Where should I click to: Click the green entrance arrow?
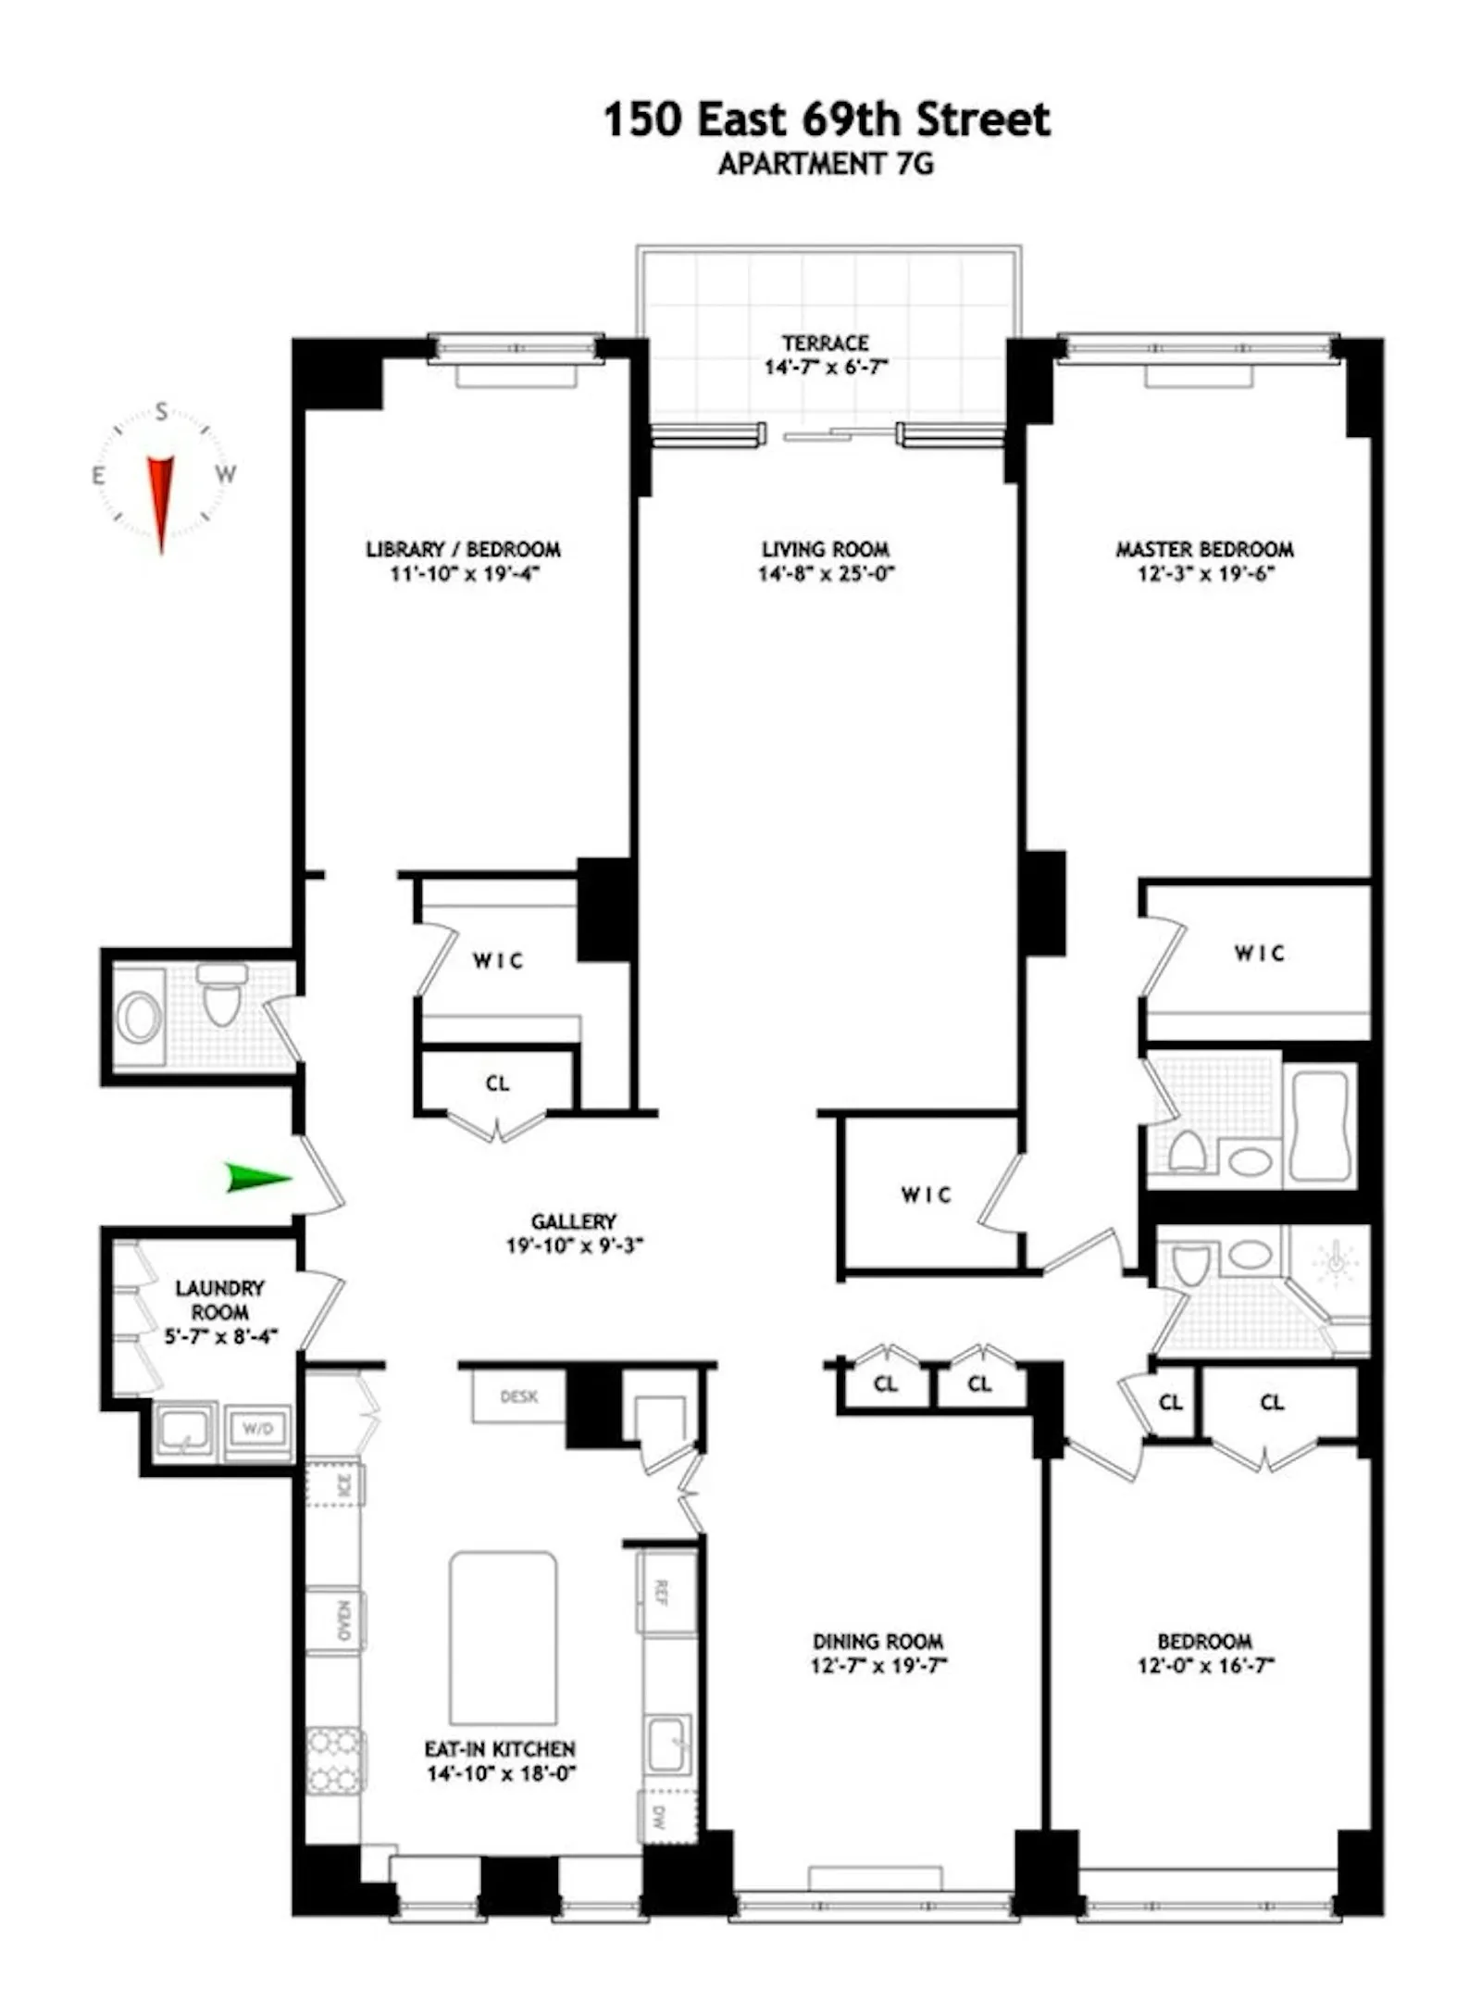coord(257,1177)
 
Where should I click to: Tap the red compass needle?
coord(161,499)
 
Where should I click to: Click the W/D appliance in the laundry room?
coord(257,1429)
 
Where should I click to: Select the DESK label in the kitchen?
coord(518,1396)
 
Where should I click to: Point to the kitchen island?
coord(503,1638)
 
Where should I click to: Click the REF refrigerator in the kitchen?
coord(663,1593)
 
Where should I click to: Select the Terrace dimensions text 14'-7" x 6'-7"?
coord(826,367)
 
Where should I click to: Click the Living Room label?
coord(826,549)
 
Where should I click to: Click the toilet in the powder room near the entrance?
coord(221,995)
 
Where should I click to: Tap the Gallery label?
coord(574,1221)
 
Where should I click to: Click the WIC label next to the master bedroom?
coord(1259,953)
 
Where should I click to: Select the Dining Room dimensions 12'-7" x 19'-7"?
coord(878,1666)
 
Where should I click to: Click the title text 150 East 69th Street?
coord(827,119)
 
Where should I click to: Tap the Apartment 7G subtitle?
coord(826,164)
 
